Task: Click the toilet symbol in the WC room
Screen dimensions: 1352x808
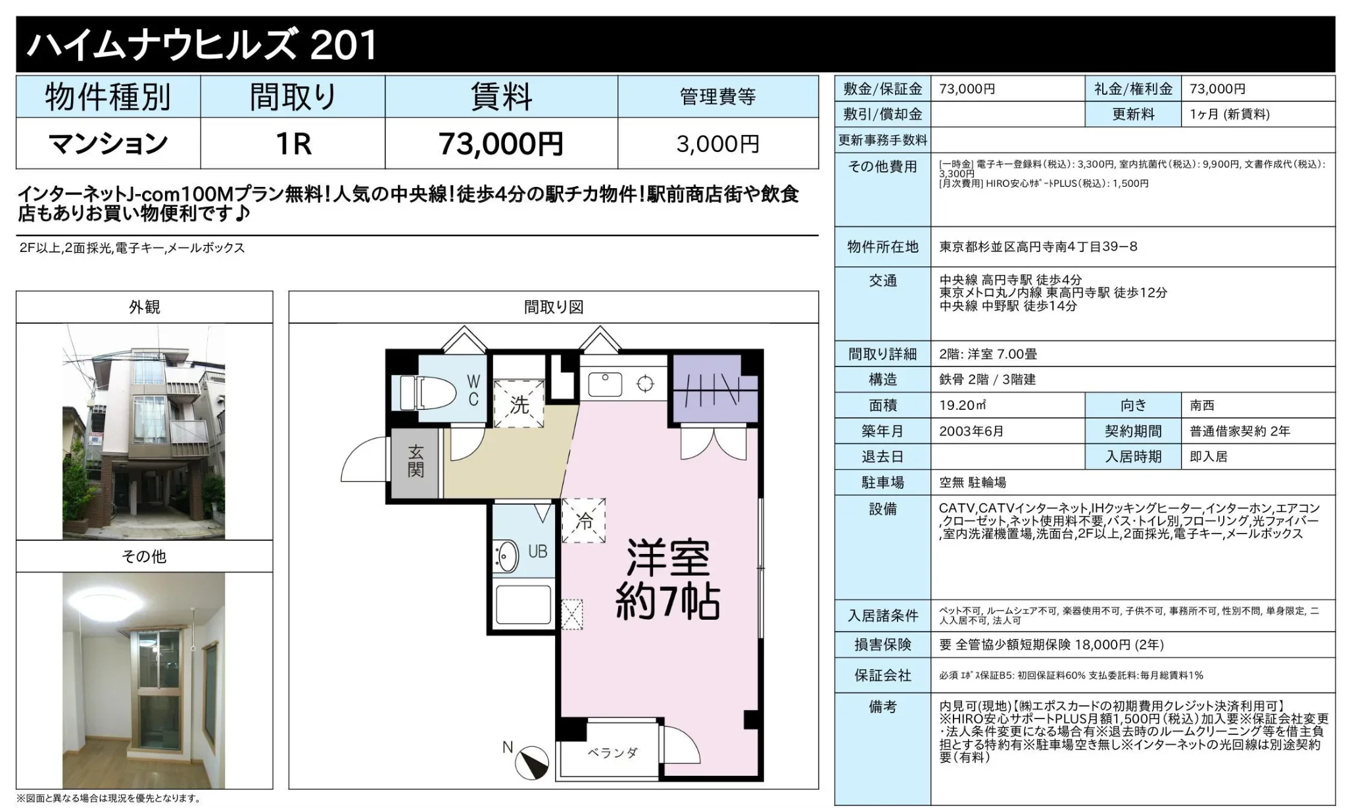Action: click(424, 393)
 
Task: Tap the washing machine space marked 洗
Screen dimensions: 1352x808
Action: click(519, 403)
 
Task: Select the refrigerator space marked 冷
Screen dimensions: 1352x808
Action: click(583, 520)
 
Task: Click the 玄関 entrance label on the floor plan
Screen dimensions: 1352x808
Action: click(416, 461)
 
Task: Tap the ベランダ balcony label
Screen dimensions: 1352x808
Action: click(612, 753)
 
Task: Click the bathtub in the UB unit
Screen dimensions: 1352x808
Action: click(523, 605)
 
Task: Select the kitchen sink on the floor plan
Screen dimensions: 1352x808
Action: click(605, 384)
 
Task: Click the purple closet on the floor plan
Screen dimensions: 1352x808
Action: click(714, 390)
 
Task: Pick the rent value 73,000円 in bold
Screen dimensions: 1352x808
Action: click(500, 143)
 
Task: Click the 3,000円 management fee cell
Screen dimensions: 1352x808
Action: click(717, 143)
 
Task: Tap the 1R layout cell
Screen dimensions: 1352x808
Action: click(293, 143)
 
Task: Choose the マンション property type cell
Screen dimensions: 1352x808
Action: click(109, 143)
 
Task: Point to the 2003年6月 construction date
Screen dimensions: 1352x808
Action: click(971, 431)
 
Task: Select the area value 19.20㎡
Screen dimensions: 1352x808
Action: click(963, 405)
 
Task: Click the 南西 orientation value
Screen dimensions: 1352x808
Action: click(1202, 405)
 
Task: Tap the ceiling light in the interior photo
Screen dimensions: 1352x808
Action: click(103, 601)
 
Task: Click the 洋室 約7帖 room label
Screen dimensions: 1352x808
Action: click(667, 579)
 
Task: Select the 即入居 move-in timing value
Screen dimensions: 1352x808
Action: click(1209, 457)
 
